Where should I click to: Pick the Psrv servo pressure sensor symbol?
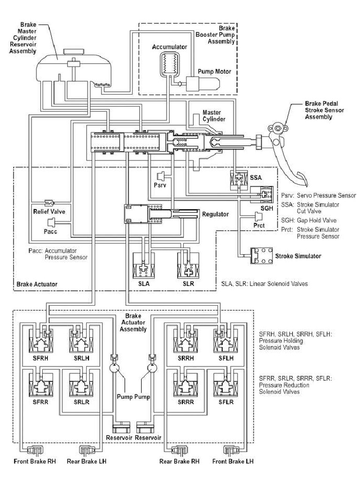click(162, 177)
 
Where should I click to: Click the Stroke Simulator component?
click(263, 256)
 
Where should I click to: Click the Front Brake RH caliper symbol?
click(35, 451)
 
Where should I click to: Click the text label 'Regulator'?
click(216, 214)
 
